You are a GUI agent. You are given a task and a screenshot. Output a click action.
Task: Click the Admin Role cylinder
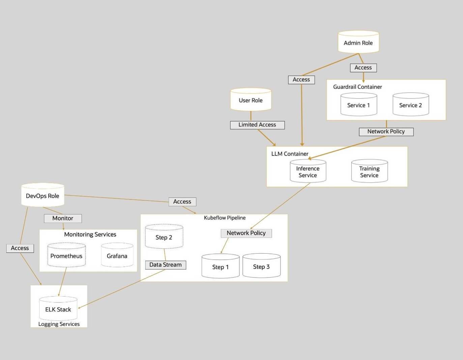358,43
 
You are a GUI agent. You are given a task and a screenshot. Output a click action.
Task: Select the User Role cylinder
251,100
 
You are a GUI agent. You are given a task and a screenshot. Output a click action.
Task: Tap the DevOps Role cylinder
42,195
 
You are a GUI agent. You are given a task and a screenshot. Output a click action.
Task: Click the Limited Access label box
257,125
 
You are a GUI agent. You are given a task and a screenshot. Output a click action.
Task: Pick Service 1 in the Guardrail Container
358,105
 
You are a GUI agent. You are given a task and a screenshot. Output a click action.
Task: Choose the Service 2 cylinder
410,105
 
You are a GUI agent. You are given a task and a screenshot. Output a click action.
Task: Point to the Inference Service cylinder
308,172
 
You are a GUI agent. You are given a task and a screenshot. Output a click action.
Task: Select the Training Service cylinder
369,172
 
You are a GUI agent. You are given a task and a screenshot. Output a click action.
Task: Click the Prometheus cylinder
66,256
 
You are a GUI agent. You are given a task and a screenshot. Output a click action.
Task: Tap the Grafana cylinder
117,256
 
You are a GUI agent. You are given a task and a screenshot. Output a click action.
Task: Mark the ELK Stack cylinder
58,309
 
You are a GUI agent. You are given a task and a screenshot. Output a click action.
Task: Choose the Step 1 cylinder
220,267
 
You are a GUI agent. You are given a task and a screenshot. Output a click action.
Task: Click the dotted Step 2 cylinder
164,237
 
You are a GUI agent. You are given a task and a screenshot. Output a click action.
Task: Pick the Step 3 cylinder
261,267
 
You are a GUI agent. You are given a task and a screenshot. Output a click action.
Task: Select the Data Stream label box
166,265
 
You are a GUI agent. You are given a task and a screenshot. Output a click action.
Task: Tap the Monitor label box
63,218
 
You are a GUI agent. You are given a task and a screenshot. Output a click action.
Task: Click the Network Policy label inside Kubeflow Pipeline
246,233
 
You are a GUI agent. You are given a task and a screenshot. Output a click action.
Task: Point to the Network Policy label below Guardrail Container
386,132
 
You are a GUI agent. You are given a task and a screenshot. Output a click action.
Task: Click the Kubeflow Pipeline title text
225,218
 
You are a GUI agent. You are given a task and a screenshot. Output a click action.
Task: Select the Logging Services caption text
59,324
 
